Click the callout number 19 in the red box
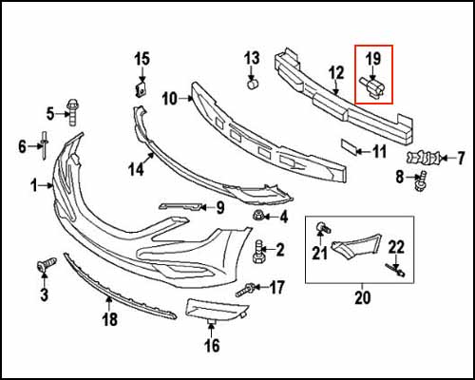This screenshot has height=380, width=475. click(372, 59)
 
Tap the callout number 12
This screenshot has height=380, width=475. click(336, 72)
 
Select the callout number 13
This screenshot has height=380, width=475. click(252, 58)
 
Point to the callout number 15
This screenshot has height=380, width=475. click(142, 60)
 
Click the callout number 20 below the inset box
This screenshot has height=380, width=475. click(361, 297)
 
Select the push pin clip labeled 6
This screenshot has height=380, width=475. click(45, 145)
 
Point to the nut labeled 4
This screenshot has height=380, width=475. click(256, 218)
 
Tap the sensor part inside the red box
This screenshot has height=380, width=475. click(374, 88)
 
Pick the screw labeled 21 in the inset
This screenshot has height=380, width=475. click(324, 227)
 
